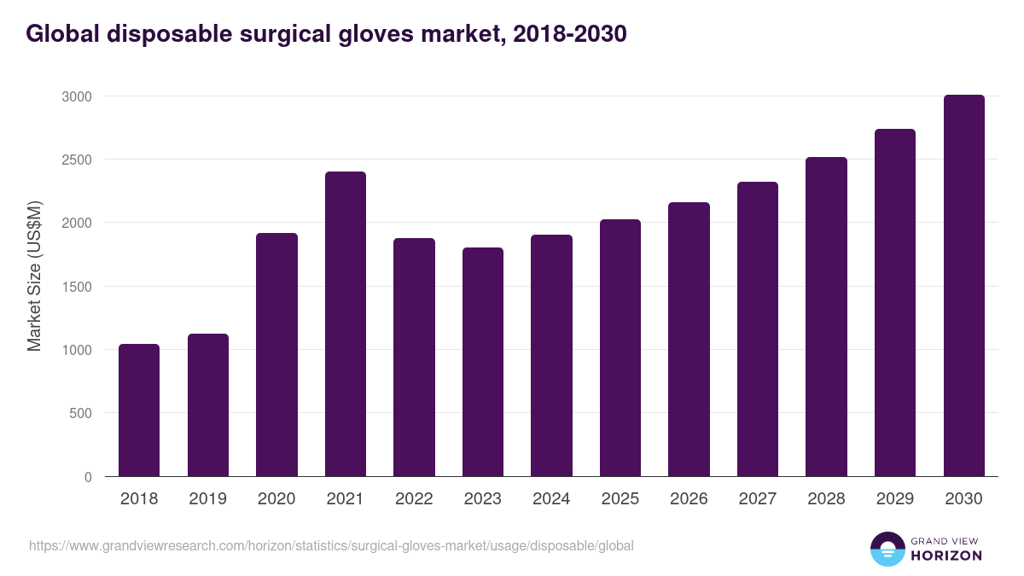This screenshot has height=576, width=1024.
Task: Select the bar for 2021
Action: pyautogui.click(x=346, y=324)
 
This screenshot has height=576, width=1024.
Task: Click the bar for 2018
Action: pyautogui.click(x=139, y=410)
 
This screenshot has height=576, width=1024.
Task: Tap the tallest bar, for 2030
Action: pyautogui.click(x=963, y=286)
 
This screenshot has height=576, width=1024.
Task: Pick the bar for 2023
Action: pyautogui.click(x=483, y=362)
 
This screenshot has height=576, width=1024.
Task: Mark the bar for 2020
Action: pyautogui.click(x=276, y=355)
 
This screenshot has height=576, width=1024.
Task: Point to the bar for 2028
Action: pyautogui.click(x=826, y=317)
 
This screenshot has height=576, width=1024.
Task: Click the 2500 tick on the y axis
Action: pyautogui.click(x=75, y=160)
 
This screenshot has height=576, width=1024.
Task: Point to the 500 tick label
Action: pyautogui.click(x=79, y=413)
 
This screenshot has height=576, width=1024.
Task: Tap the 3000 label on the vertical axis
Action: pyautogui.click(x=75, y=96)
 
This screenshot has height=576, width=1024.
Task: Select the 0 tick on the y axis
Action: pyautogui.click(x=87, y=477)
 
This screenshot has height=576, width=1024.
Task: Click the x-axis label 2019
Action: pyautogui.click(x=207, y=499)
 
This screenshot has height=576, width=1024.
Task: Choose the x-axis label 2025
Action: pyautogui.click(x=620, y=499)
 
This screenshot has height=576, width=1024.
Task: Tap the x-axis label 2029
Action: pyautogui.click(x=894, y=499)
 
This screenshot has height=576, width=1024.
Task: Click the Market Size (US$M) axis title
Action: pyautogui.click(x=34, y=276)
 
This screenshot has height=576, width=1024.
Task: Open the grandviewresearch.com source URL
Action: pyautogui.click(x=331, y=545)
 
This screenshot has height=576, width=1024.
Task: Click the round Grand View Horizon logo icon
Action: pyautogui.click(x=887, y=549)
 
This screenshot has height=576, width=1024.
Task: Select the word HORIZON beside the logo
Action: pyautogui.click(x=946, y=556)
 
